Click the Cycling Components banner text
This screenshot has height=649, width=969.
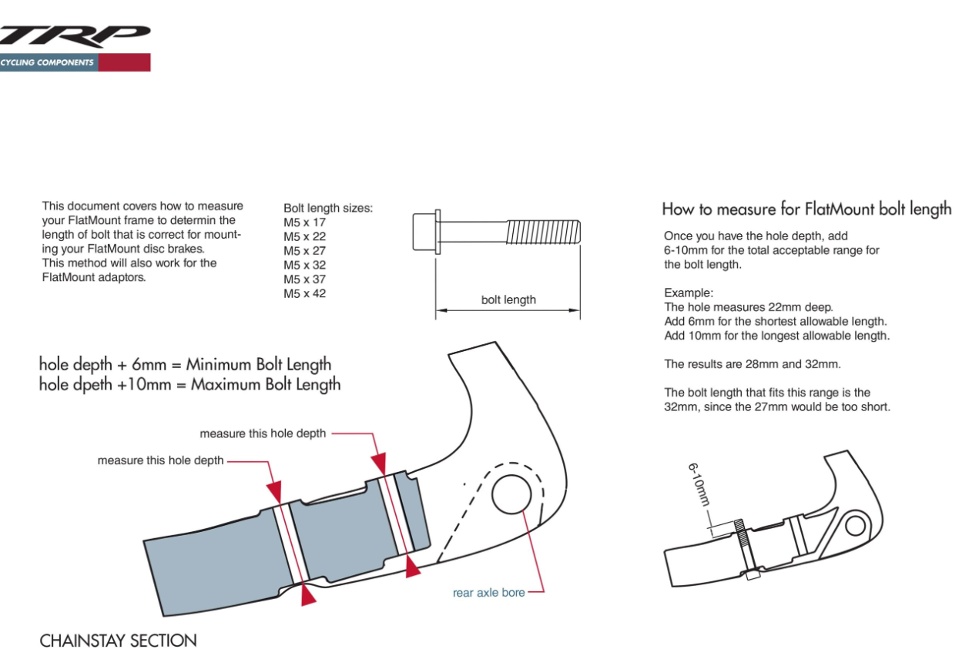[x=48, y=63]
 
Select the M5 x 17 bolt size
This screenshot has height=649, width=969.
[x=304, y=222]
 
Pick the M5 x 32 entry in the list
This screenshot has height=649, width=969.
[x=304, y=265]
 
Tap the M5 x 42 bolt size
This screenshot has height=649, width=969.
[x=304, y=293]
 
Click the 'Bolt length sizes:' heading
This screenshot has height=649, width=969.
[x=327, y=209]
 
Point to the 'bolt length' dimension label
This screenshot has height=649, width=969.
[x=508, y=300]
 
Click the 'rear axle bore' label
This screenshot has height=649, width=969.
[x=488, y=593]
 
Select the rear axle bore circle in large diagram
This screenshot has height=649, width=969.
[x=513, y=495]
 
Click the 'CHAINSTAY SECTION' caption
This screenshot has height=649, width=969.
[x=118, y=641]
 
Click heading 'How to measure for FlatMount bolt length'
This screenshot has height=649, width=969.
[x=806, y=209]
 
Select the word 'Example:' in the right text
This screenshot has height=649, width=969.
[x=689, y=293]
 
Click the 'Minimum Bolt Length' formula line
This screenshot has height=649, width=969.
[x=185, y=365]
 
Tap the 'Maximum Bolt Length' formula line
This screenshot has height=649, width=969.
[x=189, y=384]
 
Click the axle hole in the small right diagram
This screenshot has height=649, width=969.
[x=855, y=526]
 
